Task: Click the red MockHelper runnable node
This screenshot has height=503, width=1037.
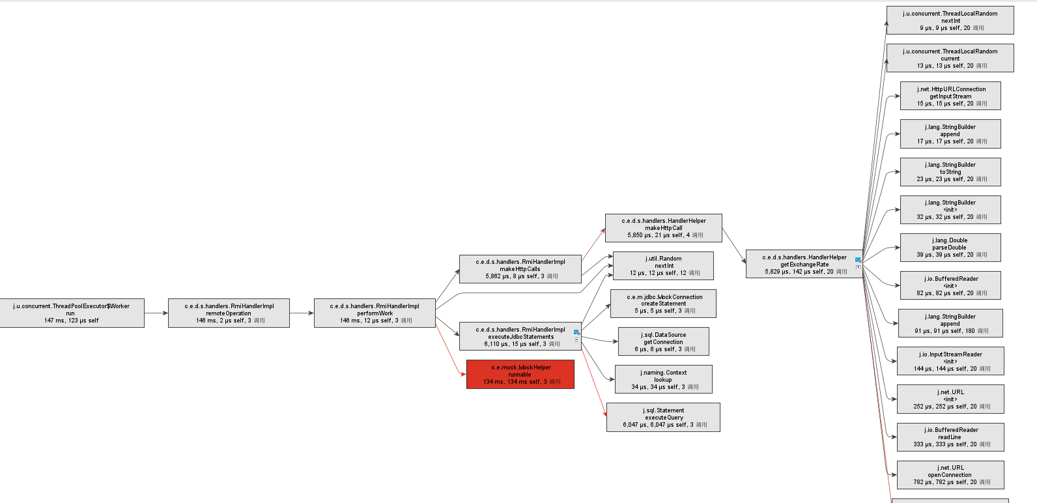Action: (520, 375)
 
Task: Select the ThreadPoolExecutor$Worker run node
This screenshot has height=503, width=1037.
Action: (71, 313)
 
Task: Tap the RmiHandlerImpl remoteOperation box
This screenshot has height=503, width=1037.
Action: (229, 313)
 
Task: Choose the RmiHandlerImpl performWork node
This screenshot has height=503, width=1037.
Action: (375, 313)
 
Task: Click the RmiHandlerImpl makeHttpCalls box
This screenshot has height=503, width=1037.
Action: (520, 269)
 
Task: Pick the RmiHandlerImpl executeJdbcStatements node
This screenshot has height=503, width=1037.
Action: (520, 337)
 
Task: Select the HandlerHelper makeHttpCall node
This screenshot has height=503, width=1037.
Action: (663, 228)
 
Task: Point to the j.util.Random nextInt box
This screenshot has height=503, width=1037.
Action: (663, 266)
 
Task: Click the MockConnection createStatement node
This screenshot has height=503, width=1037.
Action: (663, 304)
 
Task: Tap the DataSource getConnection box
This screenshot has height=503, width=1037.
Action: (663, 341)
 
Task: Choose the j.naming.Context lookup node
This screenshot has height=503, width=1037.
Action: (663, 379)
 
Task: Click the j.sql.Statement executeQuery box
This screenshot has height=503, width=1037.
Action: (663, 417)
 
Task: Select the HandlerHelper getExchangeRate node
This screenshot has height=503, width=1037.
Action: (804, 264)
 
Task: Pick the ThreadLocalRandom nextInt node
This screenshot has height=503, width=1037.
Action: (950, 20)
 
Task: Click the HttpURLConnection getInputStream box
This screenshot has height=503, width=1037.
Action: (950, 96)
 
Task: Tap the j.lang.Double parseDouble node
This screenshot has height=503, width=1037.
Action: (950, 248)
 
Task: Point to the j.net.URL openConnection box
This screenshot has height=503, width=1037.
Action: (950, 475)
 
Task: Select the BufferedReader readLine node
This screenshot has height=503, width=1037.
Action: (950, 437)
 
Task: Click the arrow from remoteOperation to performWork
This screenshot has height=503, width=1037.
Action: (302, 313)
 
